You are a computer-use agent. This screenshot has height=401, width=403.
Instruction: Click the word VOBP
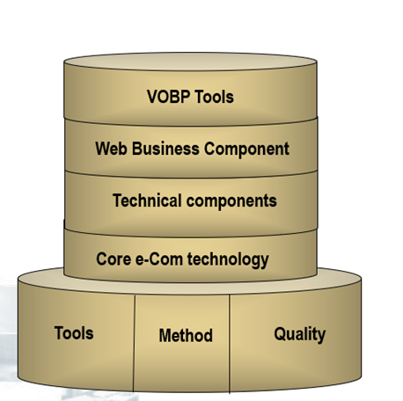[168, 97]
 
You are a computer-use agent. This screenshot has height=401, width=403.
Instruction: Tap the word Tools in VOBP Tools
[215, 97]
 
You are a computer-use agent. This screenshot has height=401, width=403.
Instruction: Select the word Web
[111, 149]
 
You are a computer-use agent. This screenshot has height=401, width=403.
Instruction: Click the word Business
[165, 149]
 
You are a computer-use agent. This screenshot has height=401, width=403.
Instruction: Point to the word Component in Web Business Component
[246, 149]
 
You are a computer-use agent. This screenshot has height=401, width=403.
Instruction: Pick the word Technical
[147, 200]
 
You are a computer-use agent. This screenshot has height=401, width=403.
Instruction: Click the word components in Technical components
[231, 201]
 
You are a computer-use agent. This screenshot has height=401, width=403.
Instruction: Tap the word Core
[114, 259]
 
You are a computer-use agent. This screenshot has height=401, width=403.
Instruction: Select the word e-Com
[159, 259]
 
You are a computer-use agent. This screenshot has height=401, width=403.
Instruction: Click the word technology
[228, 260]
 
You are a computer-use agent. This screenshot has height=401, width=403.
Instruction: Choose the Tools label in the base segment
[74, 333]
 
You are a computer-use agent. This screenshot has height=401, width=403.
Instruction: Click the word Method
[186, 335]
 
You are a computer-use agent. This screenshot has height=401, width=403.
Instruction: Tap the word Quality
[300, 334]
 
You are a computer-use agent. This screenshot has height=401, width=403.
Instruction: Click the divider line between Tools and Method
[135, 343]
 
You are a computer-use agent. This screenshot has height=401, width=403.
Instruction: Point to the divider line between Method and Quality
[230, 344]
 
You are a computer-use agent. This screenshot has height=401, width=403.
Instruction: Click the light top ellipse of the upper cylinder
[190, 62]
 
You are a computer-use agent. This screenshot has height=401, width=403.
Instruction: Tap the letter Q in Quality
[281, 334]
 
